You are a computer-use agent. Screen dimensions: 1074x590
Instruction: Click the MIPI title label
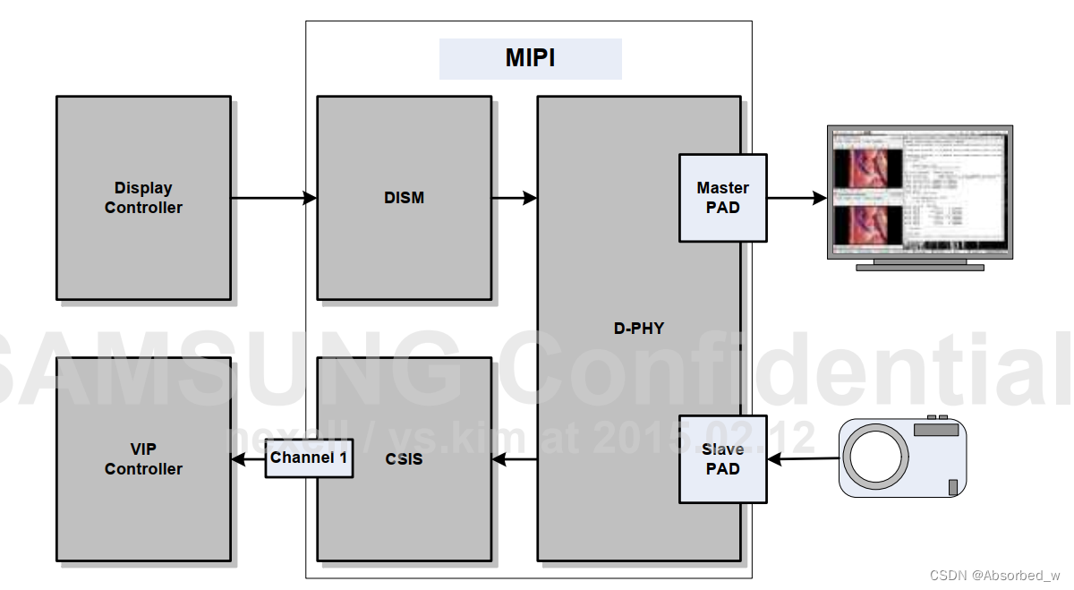pyautogui.click(x=530, y=59)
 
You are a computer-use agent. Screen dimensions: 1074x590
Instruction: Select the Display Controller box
pyautogui.click(x=143, y=198)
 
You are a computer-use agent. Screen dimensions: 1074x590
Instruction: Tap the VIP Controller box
pyautogui.click(x=143, y=459)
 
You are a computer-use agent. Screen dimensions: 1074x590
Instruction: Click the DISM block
pyautogui.click(x=404, y=198)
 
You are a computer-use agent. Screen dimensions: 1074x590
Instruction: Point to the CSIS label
pyautogui.click(x=405, y=460)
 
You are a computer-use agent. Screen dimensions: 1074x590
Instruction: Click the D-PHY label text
pyautogui.click(x=639, y=329)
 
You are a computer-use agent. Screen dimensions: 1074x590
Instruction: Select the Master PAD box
pyautogui.click(x=722, y=198)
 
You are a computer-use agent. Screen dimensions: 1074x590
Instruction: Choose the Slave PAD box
pyautogui.click(x=722, y=459)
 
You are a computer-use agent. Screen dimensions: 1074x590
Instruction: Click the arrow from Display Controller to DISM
pyautogui.click(x=273, y=198)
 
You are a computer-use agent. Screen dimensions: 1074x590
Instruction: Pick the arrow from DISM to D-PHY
pyautogui.click(x=514, y=198)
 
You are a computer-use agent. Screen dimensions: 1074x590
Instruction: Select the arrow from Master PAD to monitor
pyautogui.click(x=796, y=198)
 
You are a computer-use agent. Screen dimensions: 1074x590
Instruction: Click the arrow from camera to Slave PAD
pyautogui.click(x=803, y=459)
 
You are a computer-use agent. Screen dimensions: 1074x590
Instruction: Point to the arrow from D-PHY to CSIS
pyautogui.click(x=514, y=460)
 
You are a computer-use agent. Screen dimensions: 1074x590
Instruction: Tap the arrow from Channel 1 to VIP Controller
pyautogui.click(x=248, y=459)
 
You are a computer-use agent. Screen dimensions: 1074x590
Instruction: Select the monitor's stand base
pyautogui.click(x=919, y=267)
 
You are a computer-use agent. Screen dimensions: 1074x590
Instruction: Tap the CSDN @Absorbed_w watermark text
pyautogui.click(x=994, y=575)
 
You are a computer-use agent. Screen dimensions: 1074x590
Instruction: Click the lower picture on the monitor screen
pyautogui.click(x=867, y=224)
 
